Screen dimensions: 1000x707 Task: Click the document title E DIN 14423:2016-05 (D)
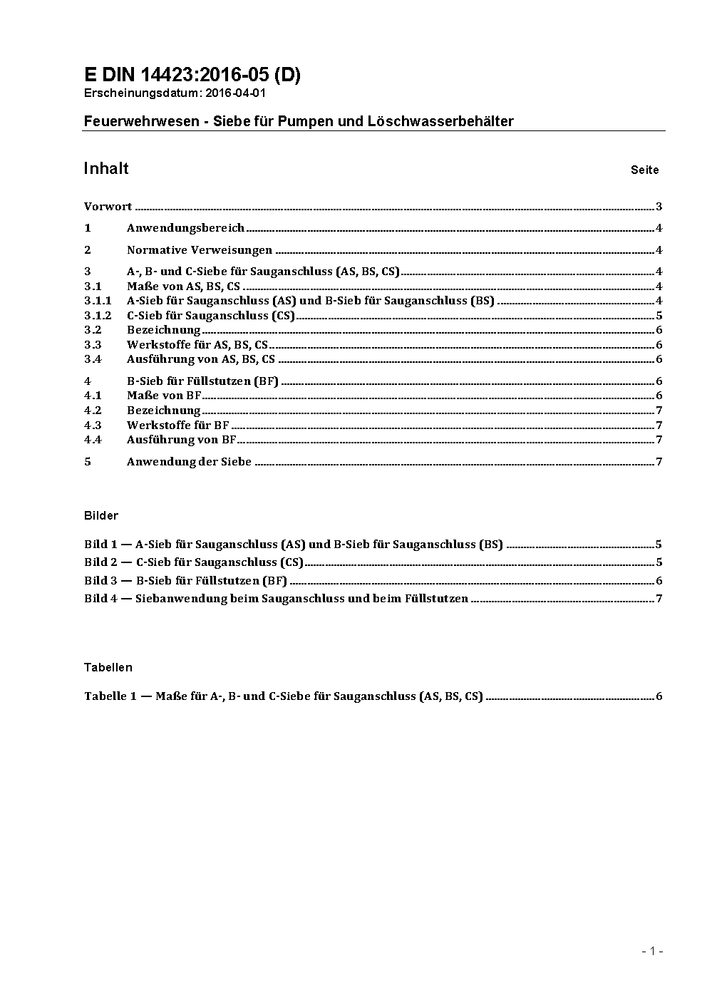point(192,75)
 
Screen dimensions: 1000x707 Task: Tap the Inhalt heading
point(106,168)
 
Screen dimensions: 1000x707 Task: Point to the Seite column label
point(644,170)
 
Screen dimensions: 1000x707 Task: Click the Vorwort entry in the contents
point(108,207)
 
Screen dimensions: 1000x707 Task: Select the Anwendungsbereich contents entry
point(185,228)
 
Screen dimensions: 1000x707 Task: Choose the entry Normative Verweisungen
point(199,250)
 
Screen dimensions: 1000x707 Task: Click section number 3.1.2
point(98,315)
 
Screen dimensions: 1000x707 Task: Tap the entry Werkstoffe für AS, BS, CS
point(197,345)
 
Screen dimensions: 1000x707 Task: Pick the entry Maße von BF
point(164,396)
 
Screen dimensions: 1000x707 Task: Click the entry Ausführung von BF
point(181,440)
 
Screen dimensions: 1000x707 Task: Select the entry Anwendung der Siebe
point(189,462)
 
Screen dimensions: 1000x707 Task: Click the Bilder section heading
point(101,515)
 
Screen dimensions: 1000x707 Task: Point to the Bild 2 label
point(100,562)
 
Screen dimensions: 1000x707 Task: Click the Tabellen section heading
point(108,668)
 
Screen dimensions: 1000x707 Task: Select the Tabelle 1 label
point(110,696)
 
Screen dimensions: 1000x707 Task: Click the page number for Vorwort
point(659,207)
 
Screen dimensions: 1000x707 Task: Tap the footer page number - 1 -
point(653,951)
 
